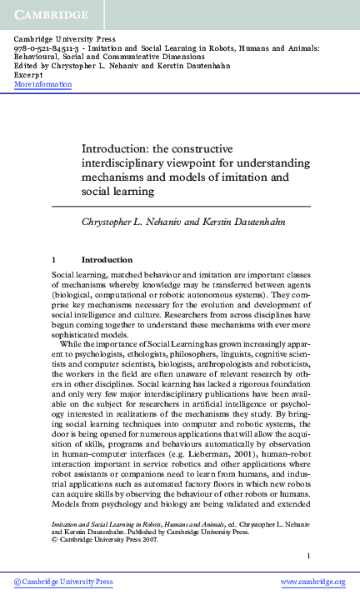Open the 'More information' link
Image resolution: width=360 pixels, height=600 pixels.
coord(43,84)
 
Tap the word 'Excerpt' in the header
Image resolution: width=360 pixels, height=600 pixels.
coord(29,75)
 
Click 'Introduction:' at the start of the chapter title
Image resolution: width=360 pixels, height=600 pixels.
coord(137,147)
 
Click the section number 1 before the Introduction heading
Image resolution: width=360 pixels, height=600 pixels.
coord(54,260)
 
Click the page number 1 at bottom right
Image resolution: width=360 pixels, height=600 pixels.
coord(308,556)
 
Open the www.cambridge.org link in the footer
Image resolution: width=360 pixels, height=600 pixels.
coord(312,582)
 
